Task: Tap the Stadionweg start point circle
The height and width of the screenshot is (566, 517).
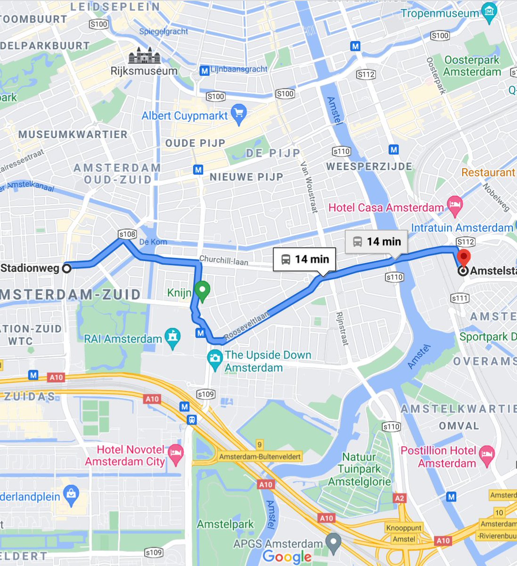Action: coord(67,268)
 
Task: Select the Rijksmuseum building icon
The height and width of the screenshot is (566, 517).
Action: coord(145,56)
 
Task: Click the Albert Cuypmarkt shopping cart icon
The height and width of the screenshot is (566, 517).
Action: coord(239,114)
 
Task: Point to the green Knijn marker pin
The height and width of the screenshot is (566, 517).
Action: coord(203,291)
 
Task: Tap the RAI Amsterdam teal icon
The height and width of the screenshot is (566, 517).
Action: coord(173,338)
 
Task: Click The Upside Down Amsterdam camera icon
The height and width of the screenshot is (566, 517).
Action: coord(215,358)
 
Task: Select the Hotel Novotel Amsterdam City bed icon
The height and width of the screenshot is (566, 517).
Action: coord(175,454)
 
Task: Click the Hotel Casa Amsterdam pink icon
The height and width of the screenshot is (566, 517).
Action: coord(455,206)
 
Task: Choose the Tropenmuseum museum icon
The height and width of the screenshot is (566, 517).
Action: coord(490,12)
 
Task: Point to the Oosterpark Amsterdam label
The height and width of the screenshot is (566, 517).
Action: coord(472,66)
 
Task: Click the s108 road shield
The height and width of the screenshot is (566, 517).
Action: coord(127,234)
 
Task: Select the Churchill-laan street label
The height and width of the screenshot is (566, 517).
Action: coord(223,260)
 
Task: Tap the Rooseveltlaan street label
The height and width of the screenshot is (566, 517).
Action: coord(246,325)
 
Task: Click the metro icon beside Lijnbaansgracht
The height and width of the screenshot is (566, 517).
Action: coord(204,71)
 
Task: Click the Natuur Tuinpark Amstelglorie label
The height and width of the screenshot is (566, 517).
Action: coord(359,469)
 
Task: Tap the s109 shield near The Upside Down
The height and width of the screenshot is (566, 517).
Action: coord(205,394)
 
